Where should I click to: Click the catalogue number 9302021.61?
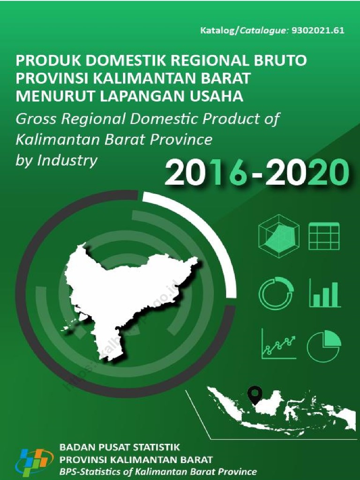pyautogui.click(x=318, y=31)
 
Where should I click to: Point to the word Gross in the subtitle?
pyautogui.click(x=36, y=119)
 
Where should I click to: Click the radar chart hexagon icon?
pyautogui.click(x=278, y=236)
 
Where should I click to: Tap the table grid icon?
pyautogui.click(x=324, y=236)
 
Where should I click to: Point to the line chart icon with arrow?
pyautogui.click(x=278, y=344)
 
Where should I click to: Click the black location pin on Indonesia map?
pyautogui.click(x=255, y=394)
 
